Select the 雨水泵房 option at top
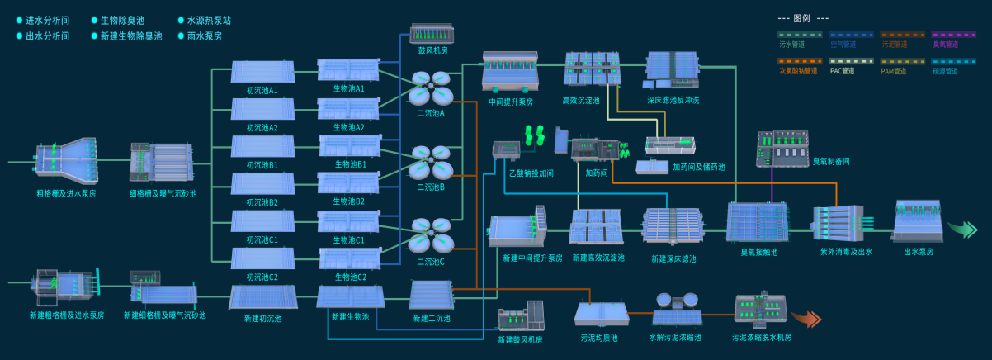tap(205, 36)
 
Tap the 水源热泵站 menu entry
tap(209, 20)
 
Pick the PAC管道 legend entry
tap(843, 71)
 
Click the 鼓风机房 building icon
tap(432, 34)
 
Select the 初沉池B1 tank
tap(262, 147)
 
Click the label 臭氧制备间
tap(831, 162)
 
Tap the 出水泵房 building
tap(918, 220)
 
